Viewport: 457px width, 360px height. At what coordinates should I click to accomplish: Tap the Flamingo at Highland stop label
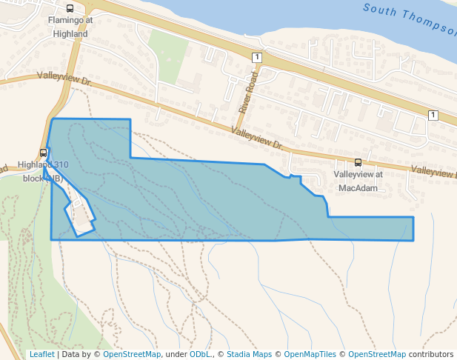(70, 27)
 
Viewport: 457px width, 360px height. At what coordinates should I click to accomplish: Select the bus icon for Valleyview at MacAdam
(358, 162)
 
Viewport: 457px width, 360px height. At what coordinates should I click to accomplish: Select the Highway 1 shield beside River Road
(256, 57)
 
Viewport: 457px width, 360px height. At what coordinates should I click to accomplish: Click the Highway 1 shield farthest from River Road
(433, 115)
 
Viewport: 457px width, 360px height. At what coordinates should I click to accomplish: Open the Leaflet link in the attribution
(41, 354)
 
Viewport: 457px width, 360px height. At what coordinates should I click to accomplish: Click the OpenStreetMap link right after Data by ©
(132, 354)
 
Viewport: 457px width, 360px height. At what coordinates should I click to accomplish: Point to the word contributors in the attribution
(430, 354)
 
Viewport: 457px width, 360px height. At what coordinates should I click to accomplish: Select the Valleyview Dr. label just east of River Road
(258, 138)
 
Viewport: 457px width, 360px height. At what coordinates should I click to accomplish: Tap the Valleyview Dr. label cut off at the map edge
(433, 171)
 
